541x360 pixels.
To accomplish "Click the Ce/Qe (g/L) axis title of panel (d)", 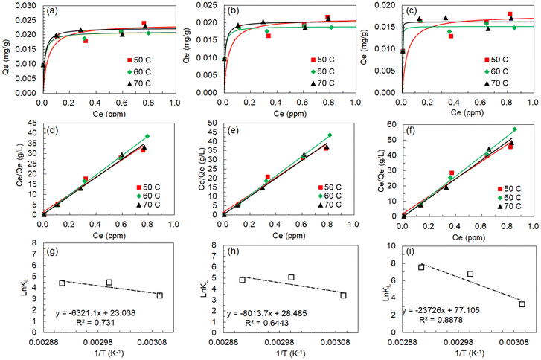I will pyautogui.click(x=7, y=167).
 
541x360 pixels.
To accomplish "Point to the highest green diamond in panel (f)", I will pyautogui.click(x=513, y=129).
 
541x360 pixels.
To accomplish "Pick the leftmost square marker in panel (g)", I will pyautogui.click(x=63, y=283).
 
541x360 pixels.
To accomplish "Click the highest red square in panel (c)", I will pyautogui.click(x=510, y=14).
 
